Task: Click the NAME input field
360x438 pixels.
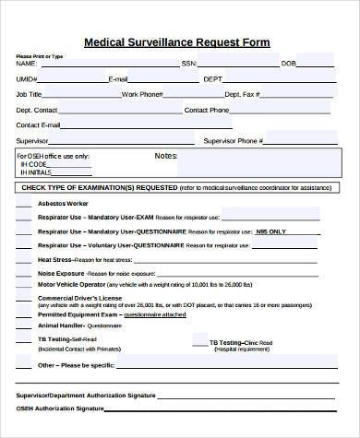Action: pos(106,63)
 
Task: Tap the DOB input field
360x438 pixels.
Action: pos(314,63)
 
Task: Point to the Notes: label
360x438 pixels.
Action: pos(166,155)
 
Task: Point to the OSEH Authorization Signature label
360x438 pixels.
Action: pos(57,408)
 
